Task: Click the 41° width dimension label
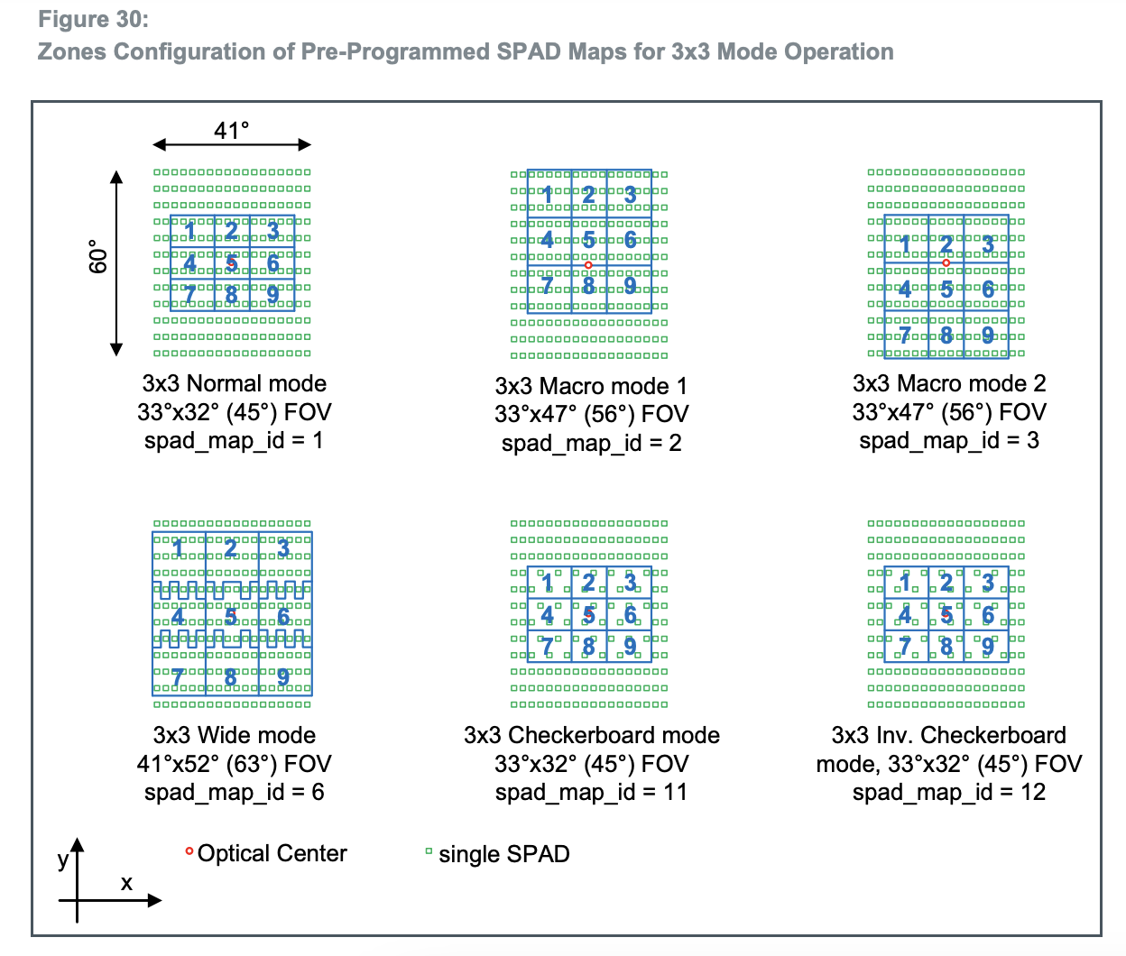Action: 231,131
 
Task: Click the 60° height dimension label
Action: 97,256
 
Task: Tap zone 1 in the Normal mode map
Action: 190,230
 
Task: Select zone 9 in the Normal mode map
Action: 272,294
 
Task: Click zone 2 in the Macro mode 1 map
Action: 588,194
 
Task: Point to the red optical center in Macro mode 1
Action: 588,265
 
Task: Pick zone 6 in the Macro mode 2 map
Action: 988,289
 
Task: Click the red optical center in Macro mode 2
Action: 946,263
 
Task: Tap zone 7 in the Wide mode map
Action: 178,676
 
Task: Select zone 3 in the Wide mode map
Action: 284,547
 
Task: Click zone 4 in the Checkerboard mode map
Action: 547,615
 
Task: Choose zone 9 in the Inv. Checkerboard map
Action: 988,646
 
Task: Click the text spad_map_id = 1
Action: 233,440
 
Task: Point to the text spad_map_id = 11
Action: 591,792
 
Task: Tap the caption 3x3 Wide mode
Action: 234,735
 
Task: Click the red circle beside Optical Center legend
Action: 189,850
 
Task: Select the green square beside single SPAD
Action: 429,850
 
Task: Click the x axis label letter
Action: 126,883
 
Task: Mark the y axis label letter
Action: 62,859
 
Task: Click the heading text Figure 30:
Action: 93,20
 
